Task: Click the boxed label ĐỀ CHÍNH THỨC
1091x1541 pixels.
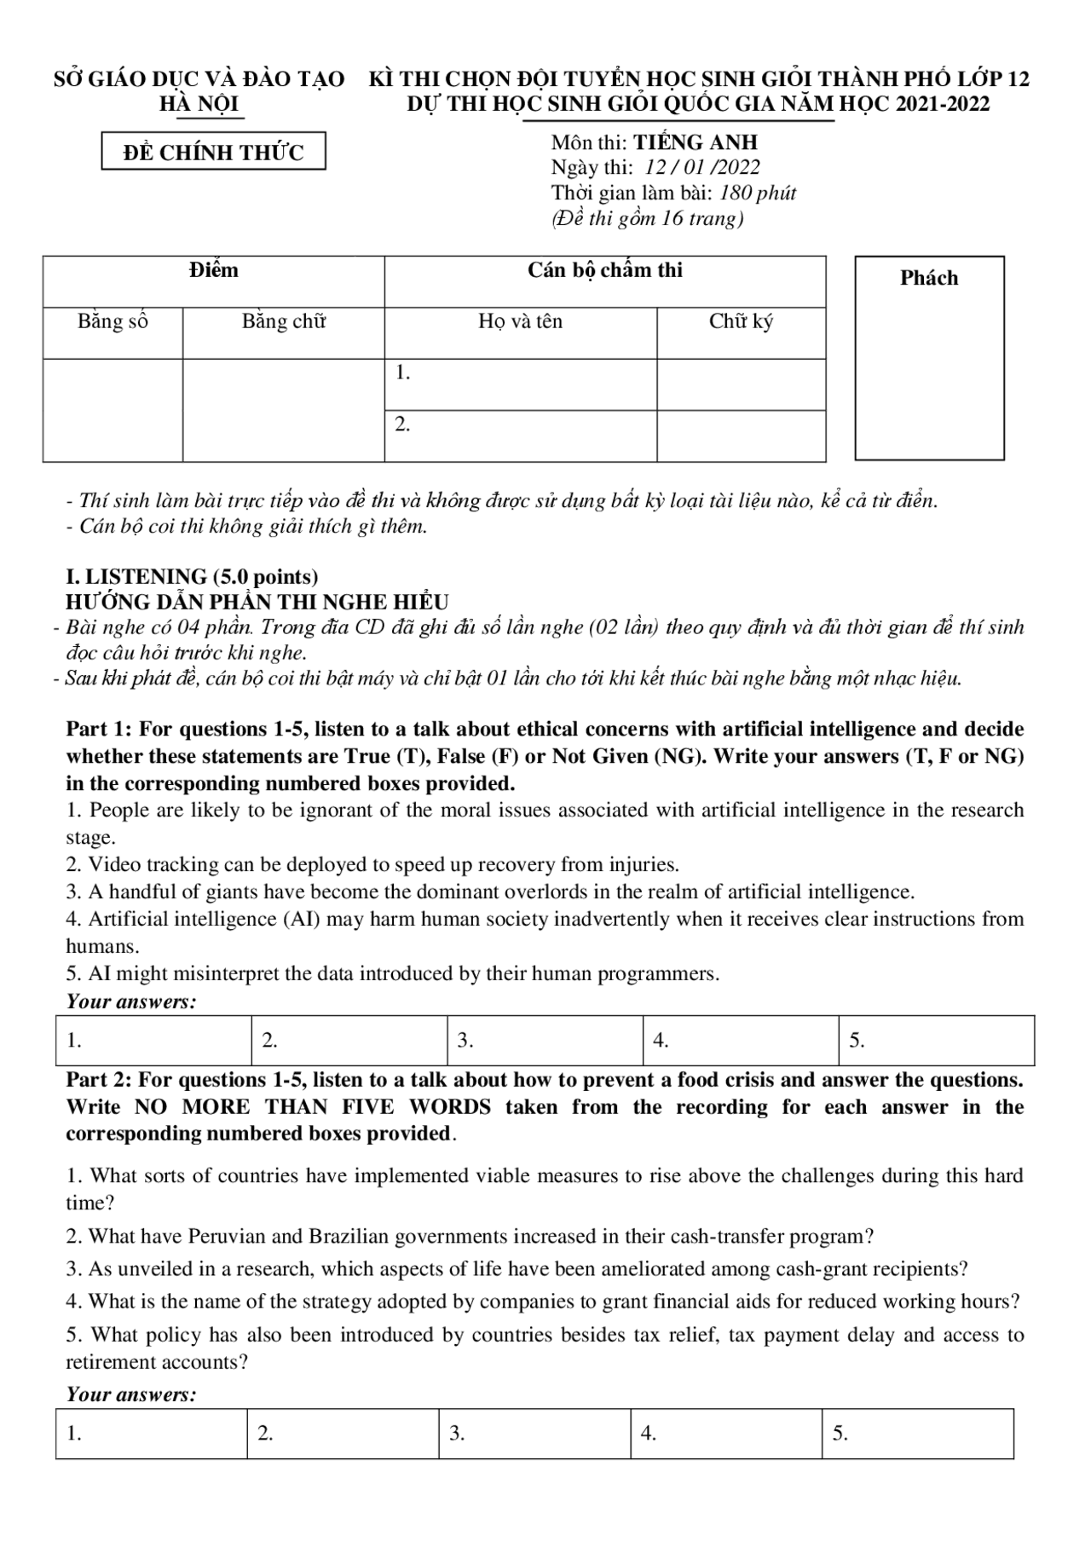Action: pos(213,153)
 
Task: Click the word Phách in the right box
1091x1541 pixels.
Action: pos(928,278)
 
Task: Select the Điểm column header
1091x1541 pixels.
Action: pos(213,271)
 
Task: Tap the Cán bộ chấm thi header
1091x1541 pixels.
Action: pos(604,271)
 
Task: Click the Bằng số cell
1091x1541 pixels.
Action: pos(113,322)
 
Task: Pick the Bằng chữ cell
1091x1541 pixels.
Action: pos(283,322)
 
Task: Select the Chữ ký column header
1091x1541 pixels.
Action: pos(741,322)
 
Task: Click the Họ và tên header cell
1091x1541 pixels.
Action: pos(520,322)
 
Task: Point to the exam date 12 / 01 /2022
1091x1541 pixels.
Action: pos(702,168)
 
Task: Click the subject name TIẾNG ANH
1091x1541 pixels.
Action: pos(696,142)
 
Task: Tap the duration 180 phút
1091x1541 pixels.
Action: pos(758,193)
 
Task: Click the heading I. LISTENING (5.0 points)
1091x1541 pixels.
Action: pos(193,576)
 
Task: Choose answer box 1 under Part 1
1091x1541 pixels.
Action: pos(153,1041)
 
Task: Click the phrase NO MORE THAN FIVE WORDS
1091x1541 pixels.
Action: pos(312,1107)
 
